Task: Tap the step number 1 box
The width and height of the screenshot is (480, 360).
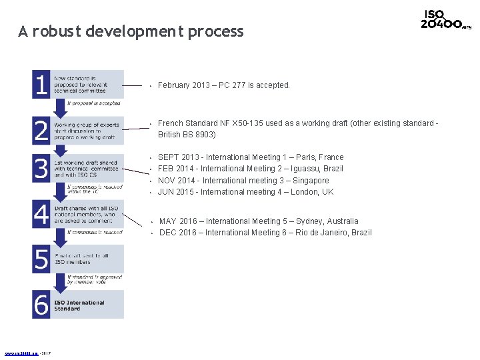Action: point(41,84)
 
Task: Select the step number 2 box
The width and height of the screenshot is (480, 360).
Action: point(41,130)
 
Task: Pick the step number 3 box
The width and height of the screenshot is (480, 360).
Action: point(41,169)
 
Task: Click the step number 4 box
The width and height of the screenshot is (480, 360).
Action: point(41,215)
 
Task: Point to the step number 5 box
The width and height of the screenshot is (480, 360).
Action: point(41,259)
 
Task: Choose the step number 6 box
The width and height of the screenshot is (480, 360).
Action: point(41,305)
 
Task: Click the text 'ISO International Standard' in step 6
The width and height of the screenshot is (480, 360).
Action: point(79,305)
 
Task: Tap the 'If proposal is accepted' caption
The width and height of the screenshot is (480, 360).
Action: point(94,103)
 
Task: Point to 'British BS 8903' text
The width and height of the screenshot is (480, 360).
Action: point(187,135)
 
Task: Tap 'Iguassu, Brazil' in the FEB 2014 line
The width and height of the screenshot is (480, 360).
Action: point(317,169)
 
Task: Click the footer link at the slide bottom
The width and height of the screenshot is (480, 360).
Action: point(22,353)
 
